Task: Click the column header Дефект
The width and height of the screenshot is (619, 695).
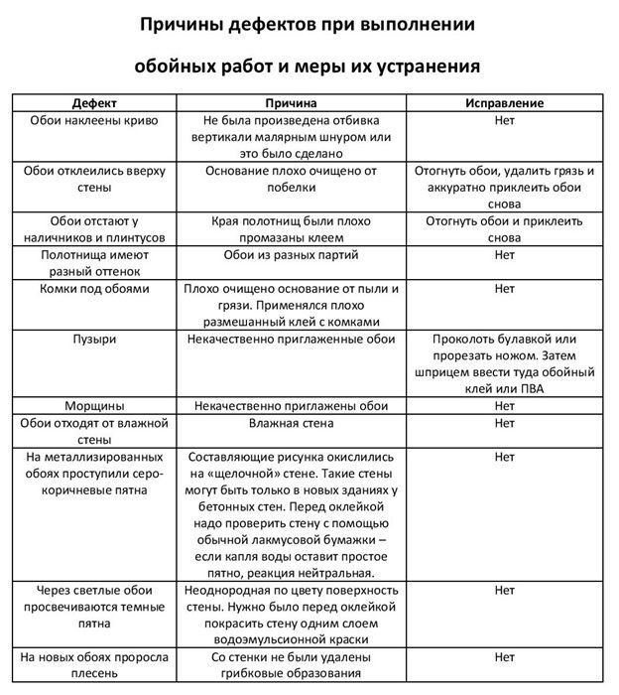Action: click(94, 103)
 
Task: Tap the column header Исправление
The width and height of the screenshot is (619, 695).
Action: click(504, 103)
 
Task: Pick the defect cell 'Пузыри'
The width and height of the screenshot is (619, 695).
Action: click(94, 340)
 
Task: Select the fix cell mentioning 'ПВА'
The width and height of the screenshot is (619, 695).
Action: click(504, 364)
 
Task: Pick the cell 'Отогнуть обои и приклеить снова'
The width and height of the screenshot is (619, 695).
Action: click(504, 228)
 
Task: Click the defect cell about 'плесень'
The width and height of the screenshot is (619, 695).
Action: click(94, 665)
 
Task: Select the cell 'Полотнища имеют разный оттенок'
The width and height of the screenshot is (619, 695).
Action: click(94, 262)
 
